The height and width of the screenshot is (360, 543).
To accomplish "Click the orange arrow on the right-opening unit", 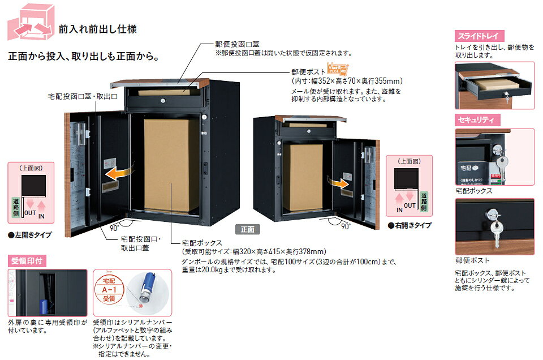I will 339,182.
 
